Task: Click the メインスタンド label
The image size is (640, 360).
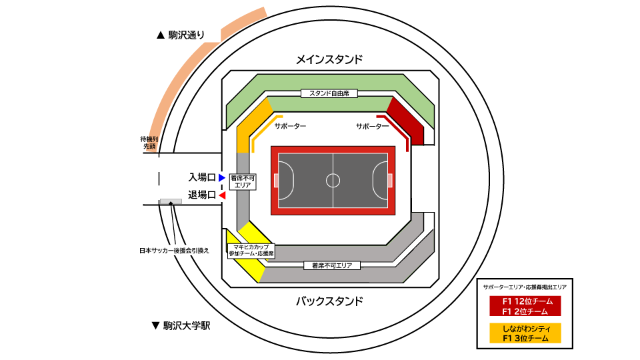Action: pyautogui.click(x=329, y=59)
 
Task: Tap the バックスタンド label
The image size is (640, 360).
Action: pyautogui.click(x=329, y=301)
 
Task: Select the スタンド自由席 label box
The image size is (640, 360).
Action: pyautogui.click(x=329, y=94)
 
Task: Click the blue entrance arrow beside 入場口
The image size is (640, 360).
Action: pyautogui.click(x=222, y=177)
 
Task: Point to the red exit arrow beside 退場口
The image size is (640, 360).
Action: pyautogui.click(x=222, y=195)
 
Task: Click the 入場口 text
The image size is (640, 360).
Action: pyautogui.click(x=202, y=177)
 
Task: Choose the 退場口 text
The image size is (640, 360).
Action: pyautogui.click(x=202, y=195)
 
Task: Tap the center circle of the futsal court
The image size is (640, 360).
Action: pyautogui.click(x=333, y=180)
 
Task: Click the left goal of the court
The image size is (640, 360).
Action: pyautogui.click(x=277, y=180)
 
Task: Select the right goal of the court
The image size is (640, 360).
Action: pyautogui.click(x=389, y=180)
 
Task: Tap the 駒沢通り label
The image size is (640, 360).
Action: pyautogui.click(x=186, y=35)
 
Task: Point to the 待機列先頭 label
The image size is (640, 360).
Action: pyautogui.click(x=148, y=143)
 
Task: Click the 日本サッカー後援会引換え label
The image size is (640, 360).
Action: pyautogui.click(x=174, y=251)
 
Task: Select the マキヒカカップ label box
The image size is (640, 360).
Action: pyautogui.click(x=251, y=250)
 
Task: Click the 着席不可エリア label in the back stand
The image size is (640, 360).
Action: pyautogui.click(x=331, y=265)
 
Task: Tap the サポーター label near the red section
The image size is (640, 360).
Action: pyautogui.click(x=372, y=126)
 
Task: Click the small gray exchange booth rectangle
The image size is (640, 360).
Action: pyautogui.click(x=171, y=201)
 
